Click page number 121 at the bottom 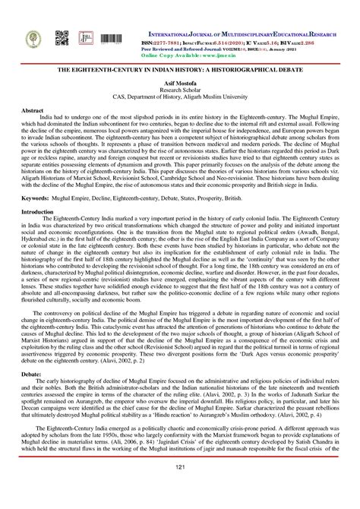[180, 495]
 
